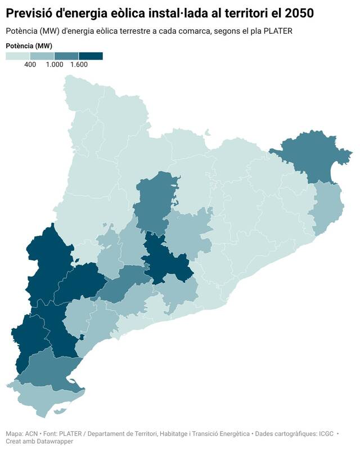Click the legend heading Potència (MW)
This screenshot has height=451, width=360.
tap(29, 46)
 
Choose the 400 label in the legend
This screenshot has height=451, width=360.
tap(30, 65)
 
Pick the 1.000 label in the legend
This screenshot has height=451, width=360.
tap(55, 65)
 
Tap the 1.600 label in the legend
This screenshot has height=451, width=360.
tap(79, 65)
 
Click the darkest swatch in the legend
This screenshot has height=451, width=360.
tap(91, 56)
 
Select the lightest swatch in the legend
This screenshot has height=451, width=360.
tap(17, 56)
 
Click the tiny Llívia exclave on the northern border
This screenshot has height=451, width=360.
tap(208, 133)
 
